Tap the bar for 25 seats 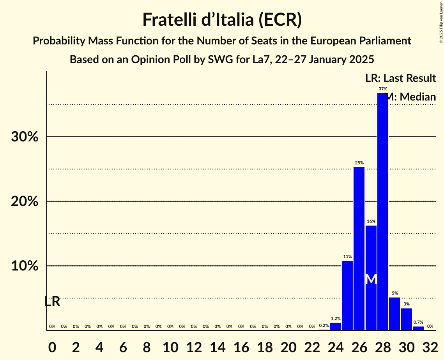pyautogui.click(x=347, y=295)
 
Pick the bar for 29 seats pyautogui.click(x=394, y=314)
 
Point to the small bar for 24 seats pyautogui.click(x=335, y=326)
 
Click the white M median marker pyautogui.click(x=371, y=279)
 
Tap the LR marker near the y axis pyautogui.click(x=52, y=302)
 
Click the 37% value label pyautogui.click(x=383, y=89)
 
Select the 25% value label pyautogui.click(x=359, y=163)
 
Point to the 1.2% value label pyautogui.click(x=335, y=319)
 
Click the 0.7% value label pyautogui.click(x=418, y=322)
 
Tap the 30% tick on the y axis pyautogui.click(x=27, y=137)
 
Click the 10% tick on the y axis pyautogui.click(x=27, y=266)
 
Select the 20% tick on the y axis pyautogui.click(x=27, y=201)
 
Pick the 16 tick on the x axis pyautogui.click(x=241, y=346)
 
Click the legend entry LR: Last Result pyautogui.click(x=400, y=78)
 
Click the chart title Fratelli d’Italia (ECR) pyautogui.click(x=222, y=20)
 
